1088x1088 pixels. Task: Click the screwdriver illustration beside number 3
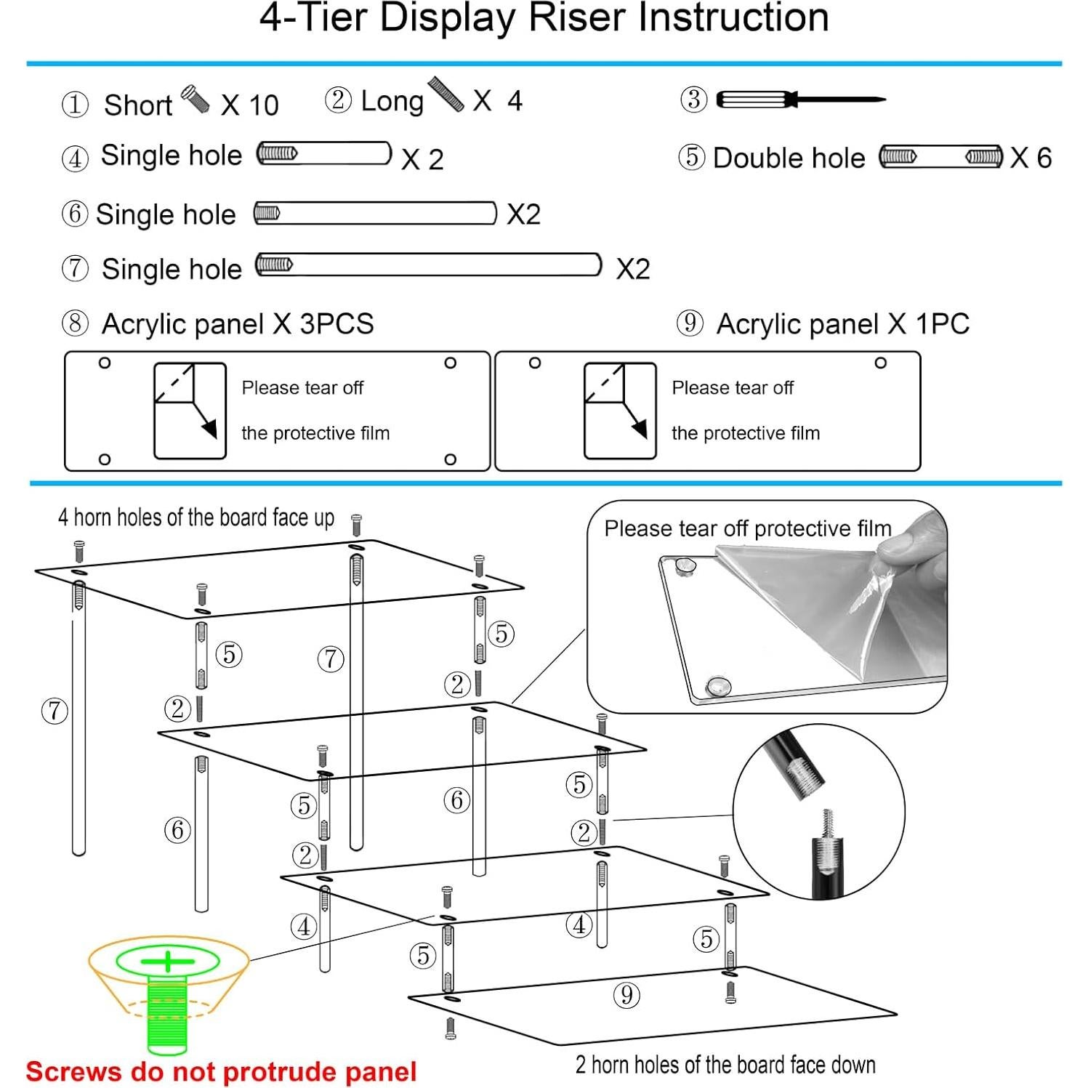[799, 99]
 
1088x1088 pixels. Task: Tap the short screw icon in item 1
[195, 97]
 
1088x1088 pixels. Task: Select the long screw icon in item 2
[446, 94]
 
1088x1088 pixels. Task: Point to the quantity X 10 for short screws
[249, 105]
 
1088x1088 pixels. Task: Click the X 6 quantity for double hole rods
[1031, 158]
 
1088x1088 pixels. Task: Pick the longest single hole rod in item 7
[428, 265]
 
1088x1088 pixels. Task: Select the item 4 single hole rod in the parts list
[323, 153]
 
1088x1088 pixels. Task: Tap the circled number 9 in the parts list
[690, 323]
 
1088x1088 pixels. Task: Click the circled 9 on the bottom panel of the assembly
[626, 994]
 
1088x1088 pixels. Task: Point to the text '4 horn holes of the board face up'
[196, 517]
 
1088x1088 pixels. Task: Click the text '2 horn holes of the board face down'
[725, 1065]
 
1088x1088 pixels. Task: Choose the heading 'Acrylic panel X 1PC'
[842, 324]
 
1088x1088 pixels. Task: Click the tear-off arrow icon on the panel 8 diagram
[190, 411]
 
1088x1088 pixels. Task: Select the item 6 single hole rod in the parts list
[375, 213]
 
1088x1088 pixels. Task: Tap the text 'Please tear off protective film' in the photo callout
[747, 528]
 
